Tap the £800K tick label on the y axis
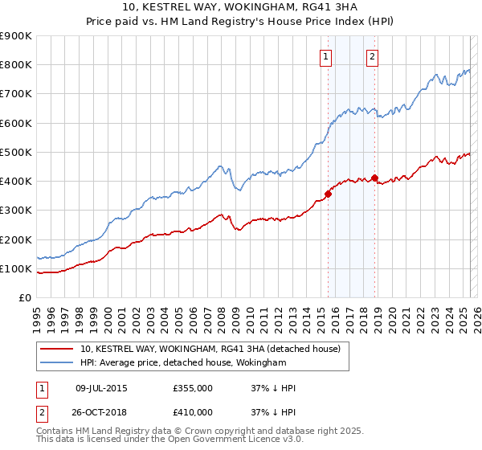pyautogui.click(x=16, y=65)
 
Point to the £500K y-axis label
pyautogui.click(x=16, y=152)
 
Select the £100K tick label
pyautogui.click(x=16, y=268)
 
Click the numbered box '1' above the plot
pyautogui.click(x=326, y=56)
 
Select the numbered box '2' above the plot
pyautogui.click(x=373, y=56)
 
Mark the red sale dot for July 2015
pyautogui.click(x=328, y=194)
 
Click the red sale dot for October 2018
pyautogui.click(x=375, y=178)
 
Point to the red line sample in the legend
pyautogui.click(x=56, y=349)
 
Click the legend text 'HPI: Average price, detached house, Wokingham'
pyautogui.click(x=183, y=362)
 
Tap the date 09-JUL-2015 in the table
pyautogui.click(x=101, y=388)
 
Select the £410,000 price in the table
pyautogui.click(x=193, y=412)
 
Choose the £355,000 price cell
pyautogui.click(x=193, y=388)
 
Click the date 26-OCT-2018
pyautogui.click(x=101, y=412)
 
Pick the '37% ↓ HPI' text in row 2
pyautogui.click(x=273, y=412)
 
